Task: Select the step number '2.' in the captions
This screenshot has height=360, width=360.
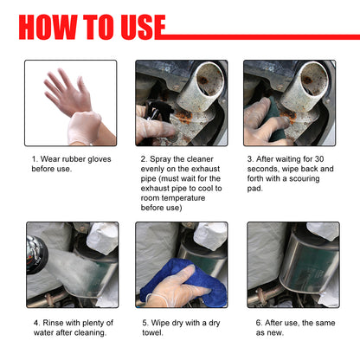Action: (x=144, y=159)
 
